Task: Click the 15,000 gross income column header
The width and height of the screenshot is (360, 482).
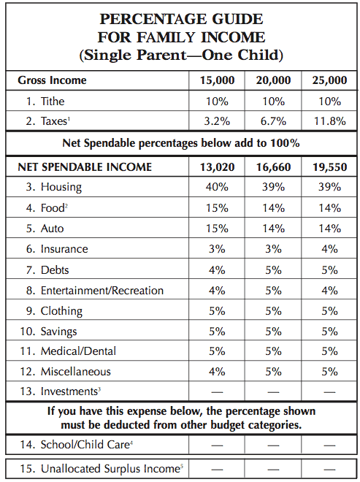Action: pyautogui.click(x=217, y=80)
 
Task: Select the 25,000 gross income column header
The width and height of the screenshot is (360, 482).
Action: pyautogui.click(x=329, y=80)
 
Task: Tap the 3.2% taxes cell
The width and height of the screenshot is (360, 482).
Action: pyautogui.click(x=217, y=121)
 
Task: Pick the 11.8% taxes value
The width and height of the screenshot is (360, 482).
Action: pyautogui.click(x=329, y=121)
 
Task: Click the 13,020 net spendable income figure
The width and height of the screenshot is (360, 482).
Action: pyautogui.click(x=217, y=167)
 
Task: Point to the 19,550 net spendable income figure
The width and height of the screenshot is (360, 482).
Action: pyautogui.click(x=329, y=167)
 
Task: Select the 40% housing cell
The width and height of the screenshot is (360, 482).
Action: pyautogui.click(x=217, y=187)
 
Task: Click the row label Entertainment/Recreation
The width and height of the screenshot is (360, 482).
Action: pyautogui.click(x=102, y=291)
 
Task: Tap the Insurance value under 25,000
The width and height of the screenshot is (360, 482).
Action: pyautogui.click(x=329, y=249)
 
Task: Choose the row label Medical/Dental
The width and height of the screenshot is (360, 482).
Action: pyautogui.click(x=78, y=351)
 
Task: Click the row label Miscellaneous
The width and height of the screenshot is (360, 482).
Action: pyautogui.click(x=76, y=372)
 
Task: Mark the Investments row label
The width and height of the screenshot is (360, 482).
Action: pyautogui.click(x=71, y=391)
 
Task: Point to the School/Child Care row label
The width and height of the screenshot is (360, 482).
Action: pyautogui.click(x=87, y=445)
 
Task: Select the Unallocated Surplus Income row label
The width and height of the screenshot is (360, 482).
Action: pyautogui.click(x=112, y=469)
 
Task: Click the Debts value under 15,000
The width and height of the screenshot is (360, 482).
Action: pyautogui.click(x=217, y=270)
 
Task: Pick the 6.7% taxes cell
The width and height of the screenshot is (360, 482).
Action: pyautogui.click(x=273, y=121)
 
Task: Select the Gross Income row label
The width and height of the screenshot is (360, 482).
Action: pyautogui.click(x=53, y=80)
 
